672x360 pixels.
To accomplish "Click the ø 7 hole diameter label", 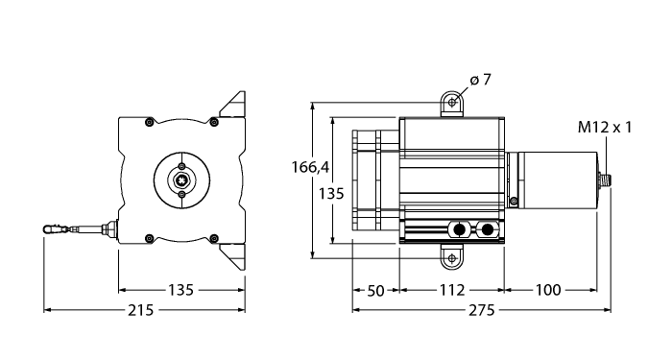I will [x=481, y=80].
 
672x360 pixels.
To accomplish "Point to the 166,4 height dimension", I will [x=310, y=167].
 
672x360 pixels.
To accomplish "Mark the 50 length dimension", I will [x=376, y=290].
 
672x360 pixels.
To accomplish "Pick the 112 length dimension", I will [x=451, y=290].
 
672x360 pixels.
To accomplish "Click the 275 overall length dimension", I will [x=481, y=311].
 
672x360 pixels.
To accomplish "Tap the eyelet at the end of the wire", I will [x=52, y=229].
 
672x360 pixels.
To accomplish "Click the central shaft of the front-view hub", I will [x=181, y=178].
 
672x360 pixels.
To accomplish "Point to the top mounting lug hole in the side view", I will [x=452, y=100].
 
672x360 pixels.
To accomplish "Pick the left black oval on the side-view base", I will [x=460, y=229].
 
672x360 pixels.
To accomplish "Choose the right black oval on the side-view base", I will [x=490, y=229].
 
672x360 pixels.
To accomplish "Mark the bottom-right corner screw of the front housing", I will [x=215, y=237].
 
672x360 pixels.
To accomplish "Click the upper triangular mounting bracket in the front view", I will [x=233, y=105].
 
